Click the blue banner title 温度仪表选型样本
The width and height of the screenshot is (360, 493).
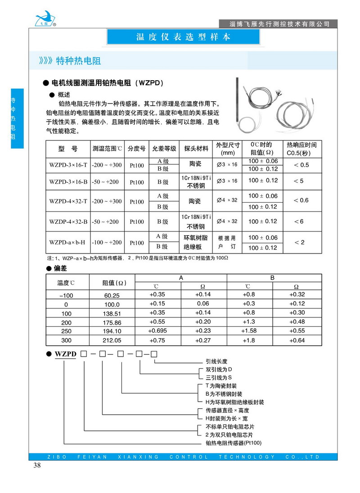[x=183, y=37]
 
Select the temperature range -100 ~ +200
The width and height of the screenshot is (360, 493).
[x=107, y=242]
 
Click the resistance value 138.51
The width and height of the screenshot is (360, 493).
[x=112, y=313]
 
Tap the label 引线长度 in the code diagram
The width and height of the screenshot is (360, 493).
[x=216, y=361]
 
